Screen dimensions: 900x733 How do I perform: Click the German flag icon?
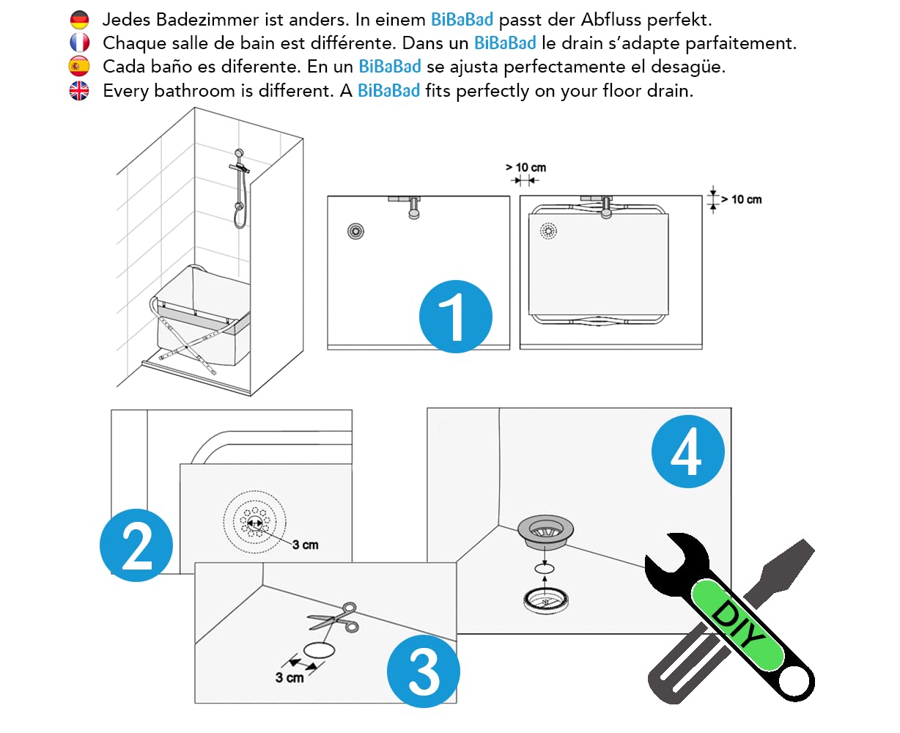click(79, 20)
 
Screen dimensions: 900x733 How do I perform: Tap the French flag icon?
click(79, 43)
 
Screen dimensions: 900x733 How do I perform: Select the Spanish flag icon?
click(79, 66)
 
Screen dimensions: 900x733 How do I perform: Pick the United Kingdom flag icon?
click(79, 91)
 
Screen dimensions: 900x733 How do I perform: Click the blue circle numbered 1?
click(455, 317)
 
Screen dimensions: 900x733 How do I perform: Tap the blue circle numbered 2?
click(136, 545)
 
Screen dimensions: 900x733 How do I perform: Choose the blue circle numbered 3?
click(424, 671)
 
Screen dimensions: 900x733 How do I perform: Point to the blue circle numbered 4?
click(688, 452)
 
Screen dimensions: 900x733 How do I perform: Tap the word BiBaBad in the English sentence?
click(388, 91)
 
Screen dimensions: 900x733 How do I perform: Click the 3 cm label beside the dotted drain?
click(306, 545)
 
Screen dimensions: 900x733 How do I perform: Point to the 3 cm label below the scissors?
click(289, 677)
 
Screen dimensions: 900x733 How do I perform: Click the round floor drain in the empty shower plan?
click(355, 232)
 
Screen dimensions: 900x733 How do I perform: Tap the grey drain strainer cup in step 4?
click(545, 531)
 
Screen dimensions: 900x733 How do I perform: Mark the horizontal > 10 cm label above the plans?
click(526, 167)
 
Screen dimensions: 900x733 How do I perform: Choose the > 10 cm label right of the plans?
click(741, 199)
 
